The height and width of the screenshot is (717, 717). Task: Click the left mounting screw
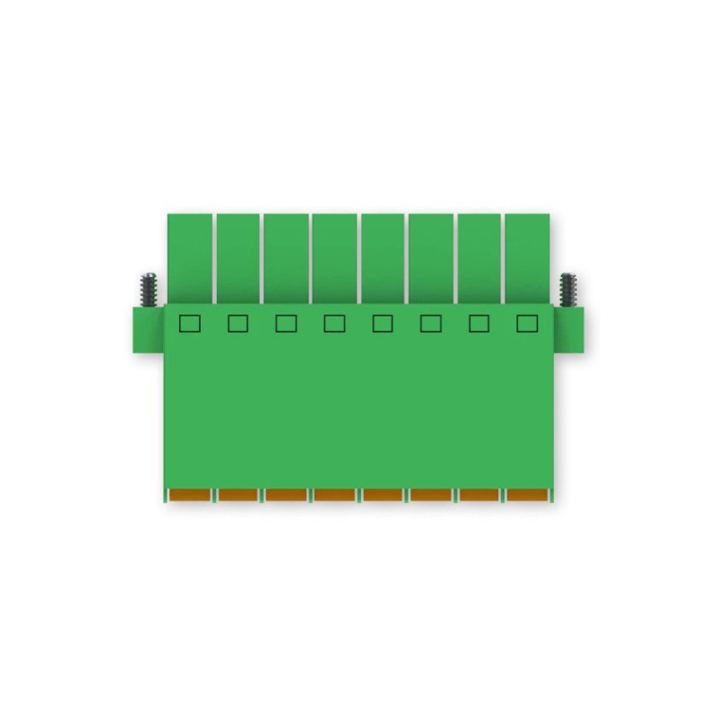tap(148, 289)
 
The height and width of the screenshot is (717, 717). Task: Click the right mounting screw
tap(567, 289)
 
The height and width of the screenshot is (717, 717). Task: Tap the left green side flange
tap(149, 329)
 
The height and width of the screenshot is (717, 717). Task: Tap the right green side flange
tap(568, 329)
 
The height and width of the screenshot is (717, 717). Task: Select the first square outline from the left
tap(189, 324)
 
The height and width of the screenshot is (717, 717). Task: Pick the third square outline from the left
tap(286, 324)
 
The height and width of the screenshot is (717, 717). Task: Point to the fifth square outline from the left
tap(383, 324)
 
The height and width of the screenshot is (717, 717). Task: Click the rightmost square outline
tap(527, 324)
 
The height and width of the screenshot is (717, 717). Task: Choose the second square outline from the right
tap(479, 324)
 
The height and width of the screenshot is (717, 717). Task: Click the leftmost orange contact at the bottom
tap(190, 495)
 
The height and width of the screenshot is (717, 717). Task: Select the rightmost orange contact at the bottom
tap(528, 495)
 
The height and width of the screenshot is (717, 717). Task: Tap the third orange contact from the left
tap(287, 495)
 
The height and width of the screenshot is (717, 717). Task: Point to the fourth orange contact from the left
tap(335, 495)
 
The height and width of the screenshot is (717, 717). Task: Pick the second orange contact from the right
tap(479, 495)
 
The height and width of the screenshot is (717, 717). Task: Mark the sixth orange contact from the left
tap(431, 495)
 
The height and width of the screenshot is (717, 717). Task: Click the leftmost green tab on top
tap(190, 256)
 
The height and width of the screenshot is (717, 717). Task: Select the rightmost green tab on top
tap(527, 256)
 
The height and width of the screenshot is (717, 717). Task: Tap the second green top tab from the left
tap(238, 256)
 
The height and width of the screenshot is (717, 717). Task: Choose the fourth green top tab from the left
tap(334, 256)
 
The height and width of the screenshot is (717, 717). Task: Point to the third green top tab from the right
tap(431, 256)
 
